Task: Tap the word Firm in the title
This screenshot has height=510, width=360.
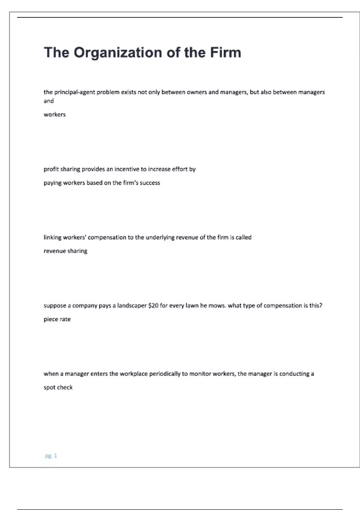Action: click(x=225, y=52)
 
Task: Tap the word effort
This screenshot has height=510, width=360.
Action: click(x=179, y=169)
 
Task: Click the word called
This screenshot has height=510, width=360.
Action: click(x=243, y=237)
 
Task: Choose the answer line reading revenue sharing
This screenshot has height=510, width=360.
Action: click(x=65, y=251)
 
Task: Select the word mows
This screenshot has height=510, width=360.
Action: click(x=217, y=306)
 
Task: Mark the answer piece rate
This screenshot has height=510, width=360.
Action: click(x=57, y=319)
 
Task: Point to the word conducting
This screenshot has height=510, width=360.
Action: click(x=294, y=374)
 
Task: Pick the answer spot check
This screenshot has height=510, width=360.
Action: click(x=58, y=388)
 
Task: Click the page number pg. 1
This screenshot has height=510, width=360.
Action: click(x=51, y=456)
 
